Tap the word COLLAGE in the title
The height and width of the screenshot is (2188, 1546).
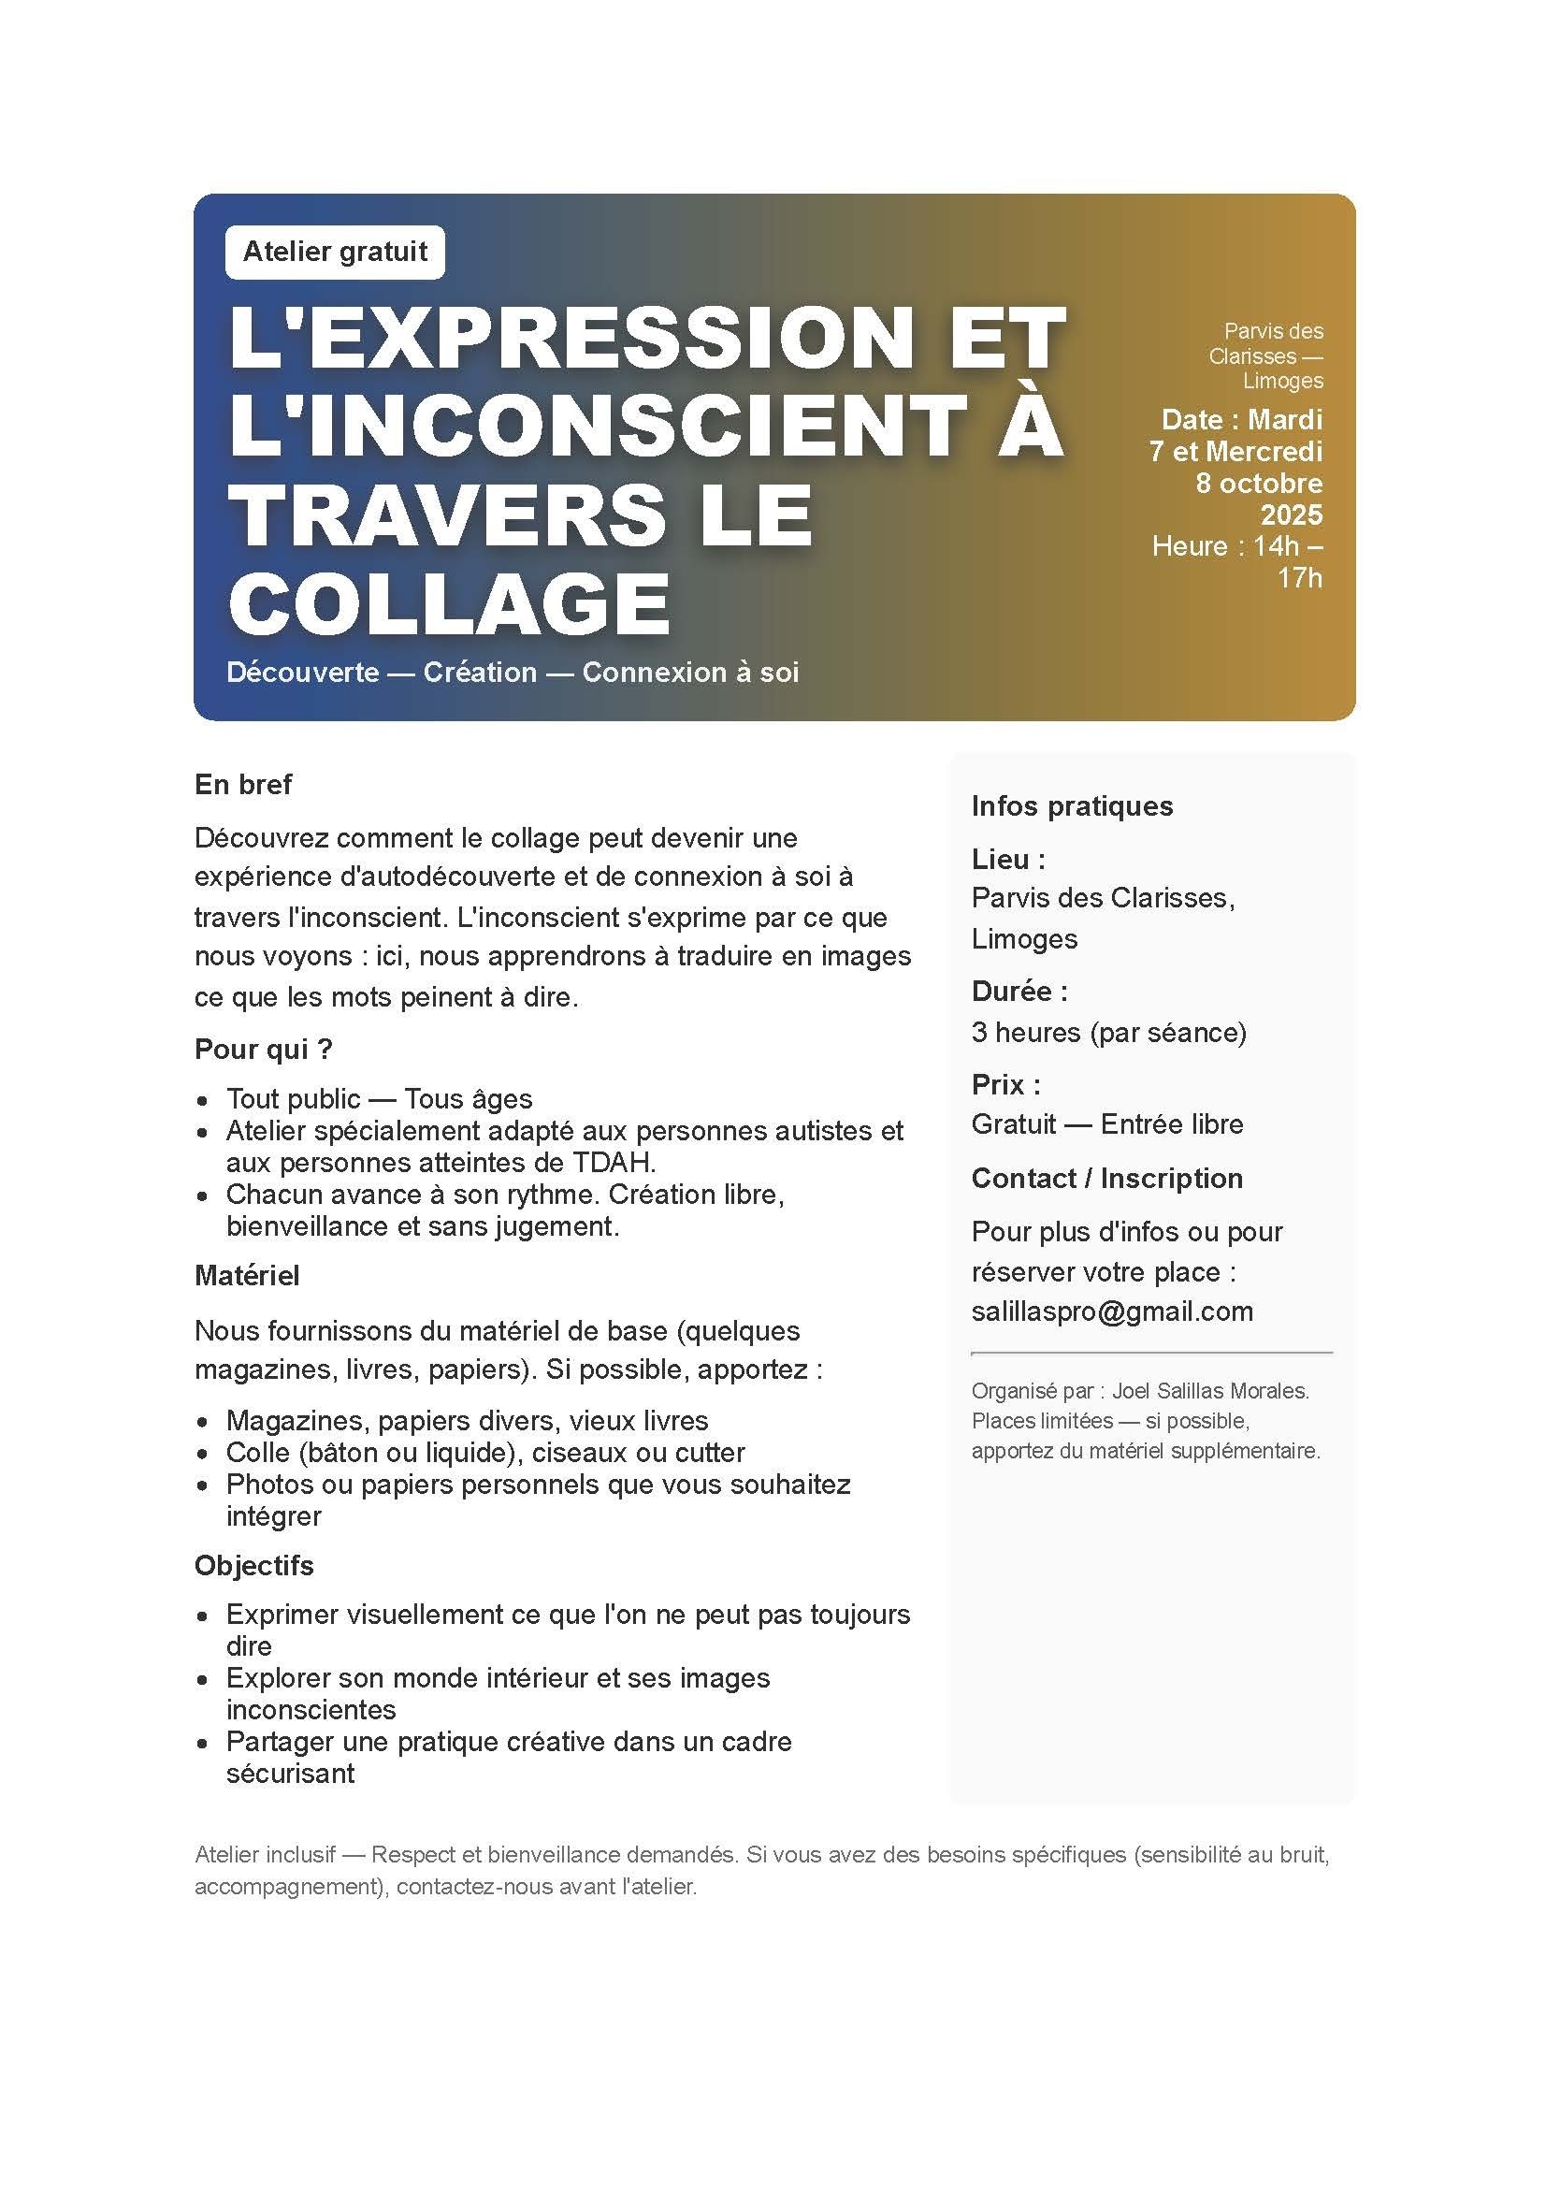pos(450,603)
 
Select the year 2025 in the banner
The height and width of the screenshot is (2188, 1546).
pos(1291,514)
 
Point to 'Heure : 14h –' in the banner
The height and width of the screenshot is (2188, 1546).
pos(1236,546)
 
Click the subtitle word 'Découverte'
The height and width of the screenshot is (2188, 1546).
pos(303,672)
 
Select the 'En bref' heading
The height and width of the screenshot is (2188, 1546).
pos(243,784)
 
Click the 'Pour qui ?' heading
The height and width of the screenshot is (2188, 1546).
pos(263,1049)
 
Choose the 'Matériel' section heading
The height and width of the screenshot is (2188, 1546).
pos(247,1275)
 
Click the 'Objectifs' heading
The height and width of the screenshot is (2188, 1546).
pos(253,1565)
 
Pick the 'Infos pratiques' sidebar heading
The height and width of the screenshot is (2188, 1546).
pos(1072,805)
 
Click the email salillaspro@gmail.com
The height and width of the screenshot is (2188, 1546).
pos(1112,1311)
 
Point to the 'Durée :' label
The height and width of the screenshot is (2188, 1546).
pos(1019,991)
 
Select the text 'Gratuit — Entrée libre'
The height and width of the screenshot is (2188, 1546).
pos(1106,1123)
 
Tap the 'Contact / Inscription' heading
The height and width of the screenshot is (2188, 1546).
pos(1106,1178)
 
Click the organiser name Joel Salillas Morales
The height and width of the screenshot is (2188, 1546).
pos(1209,1390)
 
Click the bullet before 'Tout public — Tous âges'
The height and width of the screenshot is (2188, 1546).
pos(203,1101)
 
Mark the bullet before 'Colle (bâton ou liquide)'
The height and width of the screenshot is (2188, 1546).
pos(203,1455)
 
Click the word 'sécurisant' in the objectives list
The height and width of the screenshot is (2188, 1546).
pos(290,1773)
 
